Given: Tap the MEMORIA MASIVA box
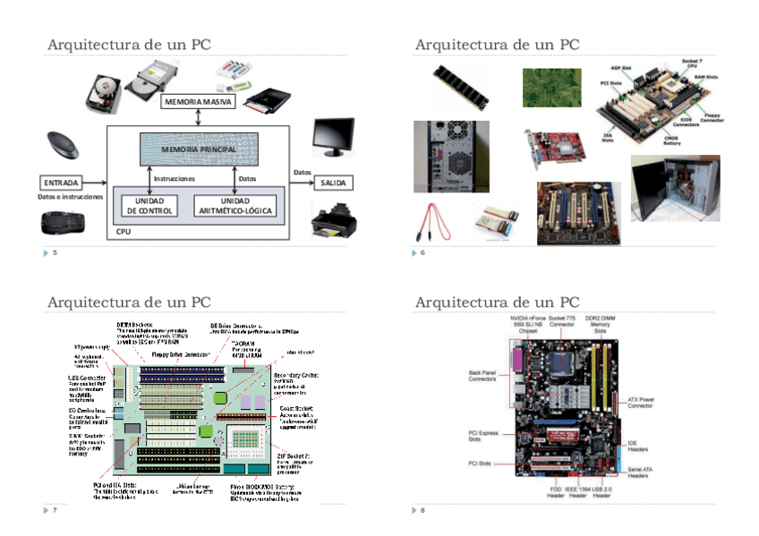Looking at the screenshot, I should [198, 102].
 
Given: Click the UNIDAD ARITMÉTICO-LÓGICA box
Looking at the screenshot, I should [235, 205].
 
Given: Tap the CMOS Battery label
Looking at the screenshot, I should [671, 138].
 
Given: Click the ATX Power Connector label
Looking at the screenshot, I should [640, 402].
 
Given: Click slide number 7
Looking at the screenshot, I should [55, 510].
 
